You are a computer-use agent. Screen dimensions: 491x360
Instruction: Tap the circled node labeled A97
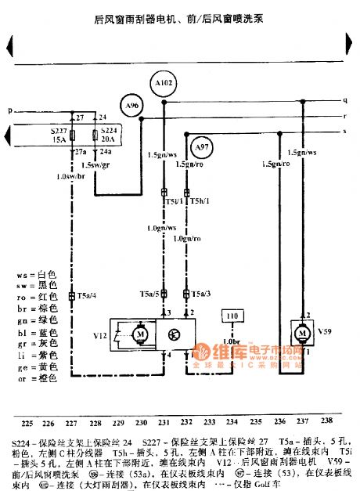click(203, 146)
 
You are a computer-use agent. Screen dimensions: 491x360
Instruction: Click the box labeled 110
click(232, 316)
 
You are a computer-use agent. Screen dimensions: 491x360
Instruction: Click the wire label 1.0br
click(231, 342)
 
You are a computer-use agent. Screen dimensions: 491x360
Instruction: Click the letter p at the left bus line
click(10, 111)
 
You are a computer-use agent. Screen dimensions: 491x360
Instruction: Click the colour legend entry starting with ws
click(36, 276)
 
